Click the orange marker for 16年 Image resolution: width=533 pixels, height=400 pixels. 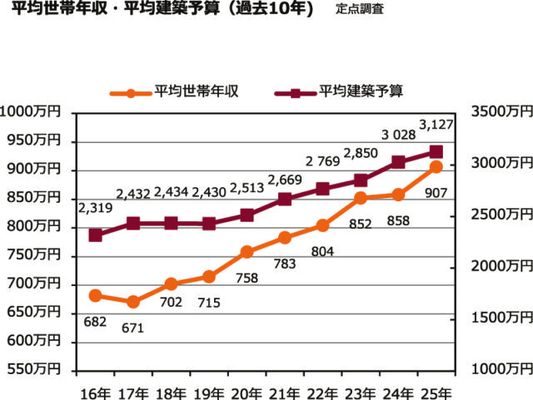click(95, 295)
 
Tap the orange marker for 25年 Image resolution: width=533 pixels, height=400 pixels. click(436, 167)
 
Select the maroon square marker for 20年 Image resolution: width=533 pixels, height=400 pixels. click(247, 215)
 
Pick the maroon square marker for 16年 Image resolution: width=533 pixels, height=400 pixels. click(95, 235)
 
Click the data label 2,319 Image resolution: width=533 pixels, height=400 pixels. click(97, 207)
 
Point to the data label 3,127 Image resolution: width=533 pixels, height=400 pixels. click(436, 126)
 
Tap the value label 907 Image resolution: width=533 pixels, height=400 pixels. click(436, 193)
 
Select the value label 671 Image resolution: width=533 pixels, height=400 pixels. click(132, 328)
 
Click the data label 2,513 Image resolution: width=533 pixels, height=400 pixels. click(247, 186)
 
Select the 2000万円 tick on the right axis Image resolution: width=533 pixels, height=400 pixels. click(499, 266)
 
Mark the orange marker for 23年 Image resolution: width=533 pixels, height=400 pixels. click(360, 198)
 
